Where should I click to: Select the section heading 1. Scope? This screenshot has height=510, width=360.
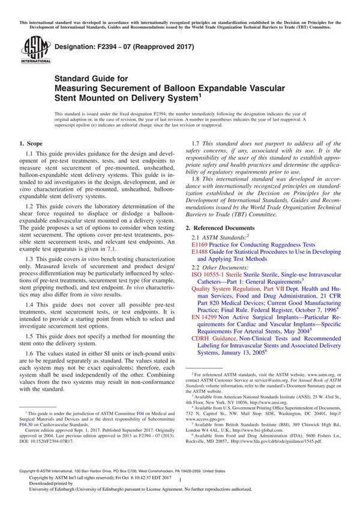pyautogui.click(x=31, y=145)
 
